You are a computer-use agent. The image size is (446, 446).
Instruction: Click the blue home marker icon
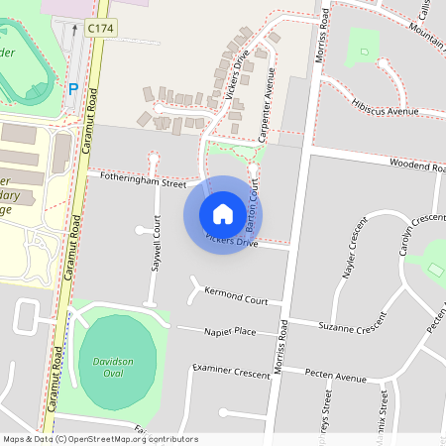(x=223, y=214)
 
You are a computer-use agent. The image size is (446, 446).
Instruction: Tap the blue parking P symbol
(x=72, y=89)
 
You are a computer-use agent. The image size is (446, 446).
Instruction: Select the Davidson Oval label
(x=117, y=369)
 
